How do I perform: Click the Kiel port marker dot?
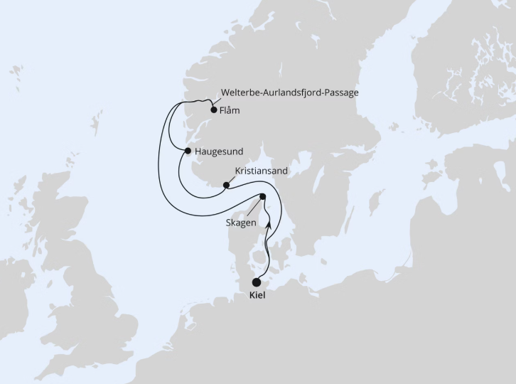(257, 282)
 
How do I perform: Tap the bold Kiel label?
(257, 295)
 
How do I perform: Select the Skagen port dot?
(262, 197)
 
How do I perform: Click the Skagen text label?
(241, 223)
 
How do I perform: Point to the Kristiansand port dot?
(226, 186)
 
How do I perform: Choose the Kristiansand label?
(262, 171)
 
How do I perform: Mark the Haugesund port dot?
(188, 151)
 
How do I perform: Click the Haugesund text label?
(218, 151)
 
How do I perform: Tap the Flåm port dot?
(213, 110)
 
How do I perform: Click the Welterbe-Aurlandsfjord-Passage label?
(291, 93)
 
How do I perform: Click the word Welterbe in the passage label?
(243, 93)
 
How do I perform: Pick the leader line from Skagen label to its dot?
(254, 207)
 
